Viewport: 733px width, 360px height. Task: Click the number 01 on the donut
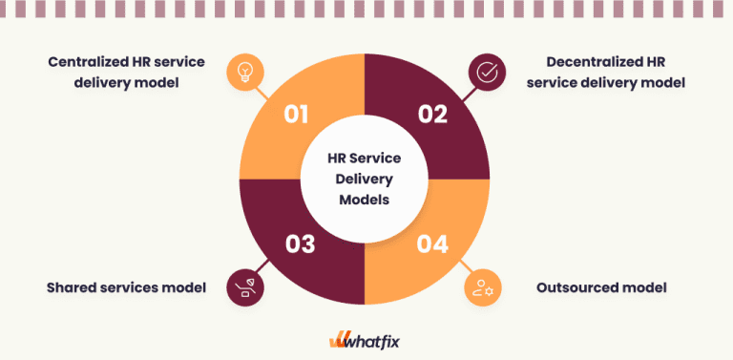click(x=297, y=115)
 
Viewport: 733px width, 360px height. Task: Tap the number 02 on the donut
click(x=432, y=115)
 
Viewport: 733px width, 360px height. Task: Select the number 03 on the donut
click(x=300, y=244)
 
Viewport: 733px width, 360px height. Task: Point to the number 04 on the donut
click(x=432, y=244)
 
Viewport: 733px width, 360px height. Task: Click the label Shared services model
click(x=126, y=286)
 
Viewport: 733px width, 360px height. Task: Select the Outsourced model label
click(x=601, y=286)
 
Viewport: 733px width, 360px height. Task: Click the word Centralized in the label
click(x=89, y=62)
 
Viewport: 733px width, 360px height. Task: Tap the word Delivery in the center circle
click(x=366, y=179)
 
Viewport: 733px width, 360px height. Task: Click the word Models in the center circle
click(x=366, y=200)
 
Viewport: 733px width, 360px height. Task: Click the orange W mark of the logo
click(x=341, y=340)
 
